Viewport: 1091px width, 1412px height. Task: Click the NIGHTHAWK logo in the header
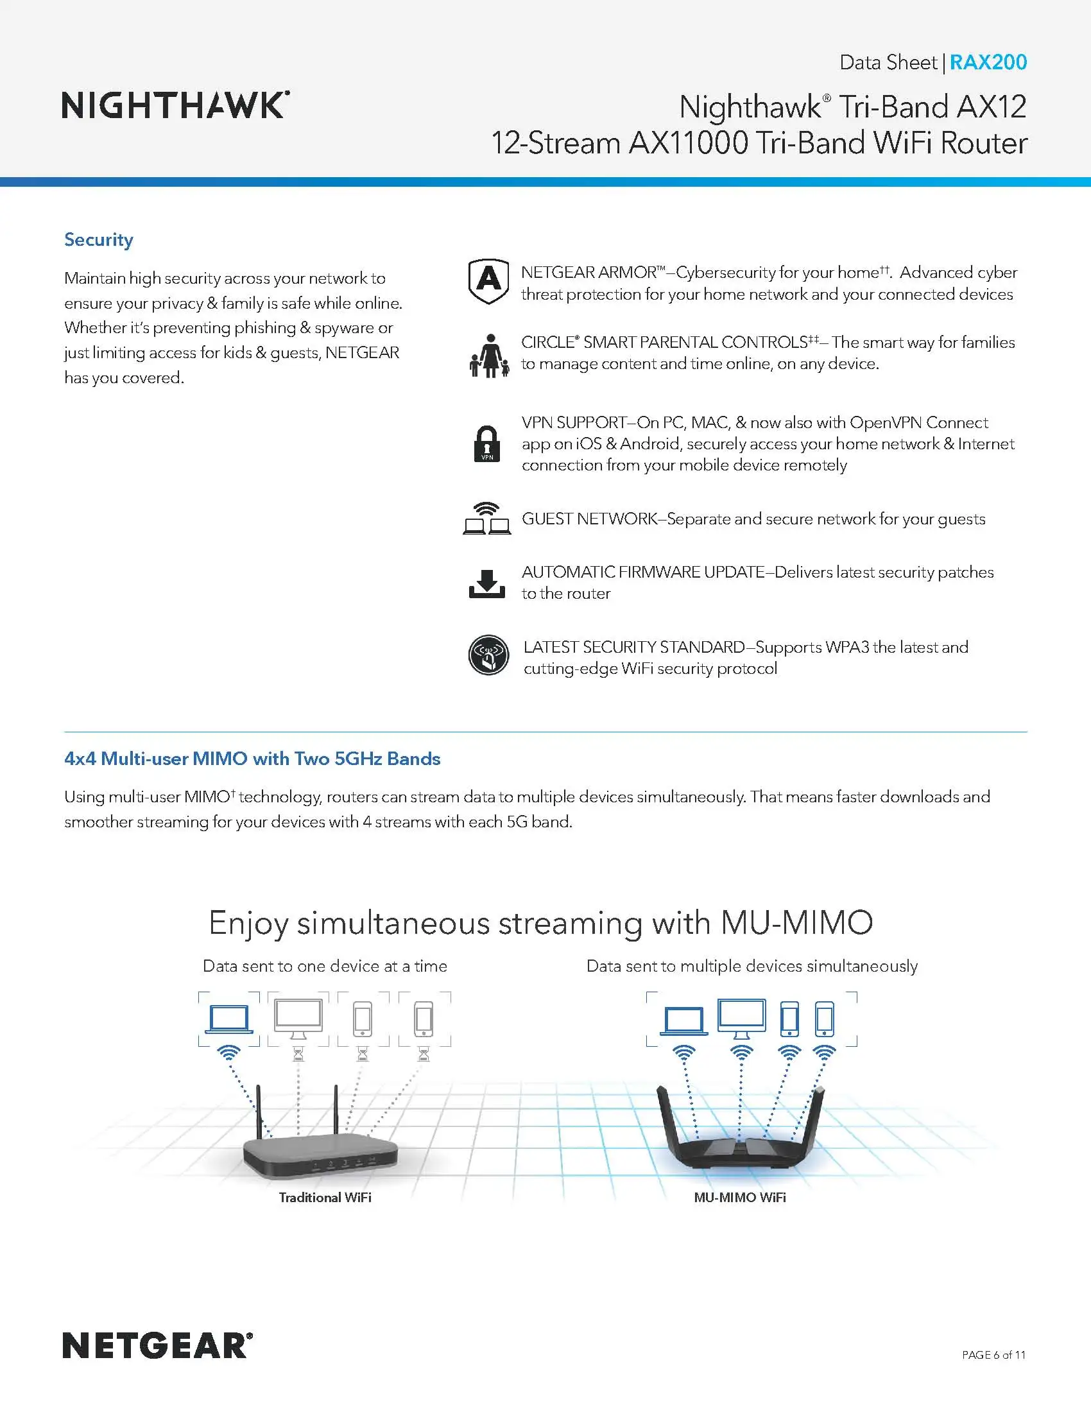175,105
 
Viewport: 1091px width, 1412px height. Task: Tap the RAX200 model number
988,62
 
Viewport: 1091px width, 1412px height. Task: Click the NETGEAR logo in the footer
157,1345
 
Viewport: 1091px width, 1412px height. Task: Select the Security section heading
98,240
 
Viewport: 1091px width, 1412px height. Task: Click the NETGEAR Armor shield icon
488,281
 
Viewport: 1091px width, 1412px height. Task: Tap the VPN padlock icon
486,443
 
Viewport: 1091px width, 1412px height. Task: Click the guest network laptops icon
486,519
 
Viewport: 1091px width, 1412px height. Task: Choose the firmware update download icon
486,583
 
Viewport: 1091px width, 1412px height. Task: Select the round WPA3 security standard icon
488,655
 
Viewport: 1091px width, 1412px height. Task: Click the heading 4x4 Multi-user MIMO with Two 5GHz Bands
252,759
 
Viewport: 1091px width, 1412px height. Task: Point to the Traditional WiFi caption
325,1198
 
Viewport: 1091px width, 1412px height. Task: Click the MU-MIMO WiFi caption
739,1198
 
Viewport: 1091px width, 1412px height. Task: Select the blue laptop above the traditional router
228,1020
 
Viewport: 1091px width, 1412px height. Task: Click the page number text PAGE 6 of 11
993,1354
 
